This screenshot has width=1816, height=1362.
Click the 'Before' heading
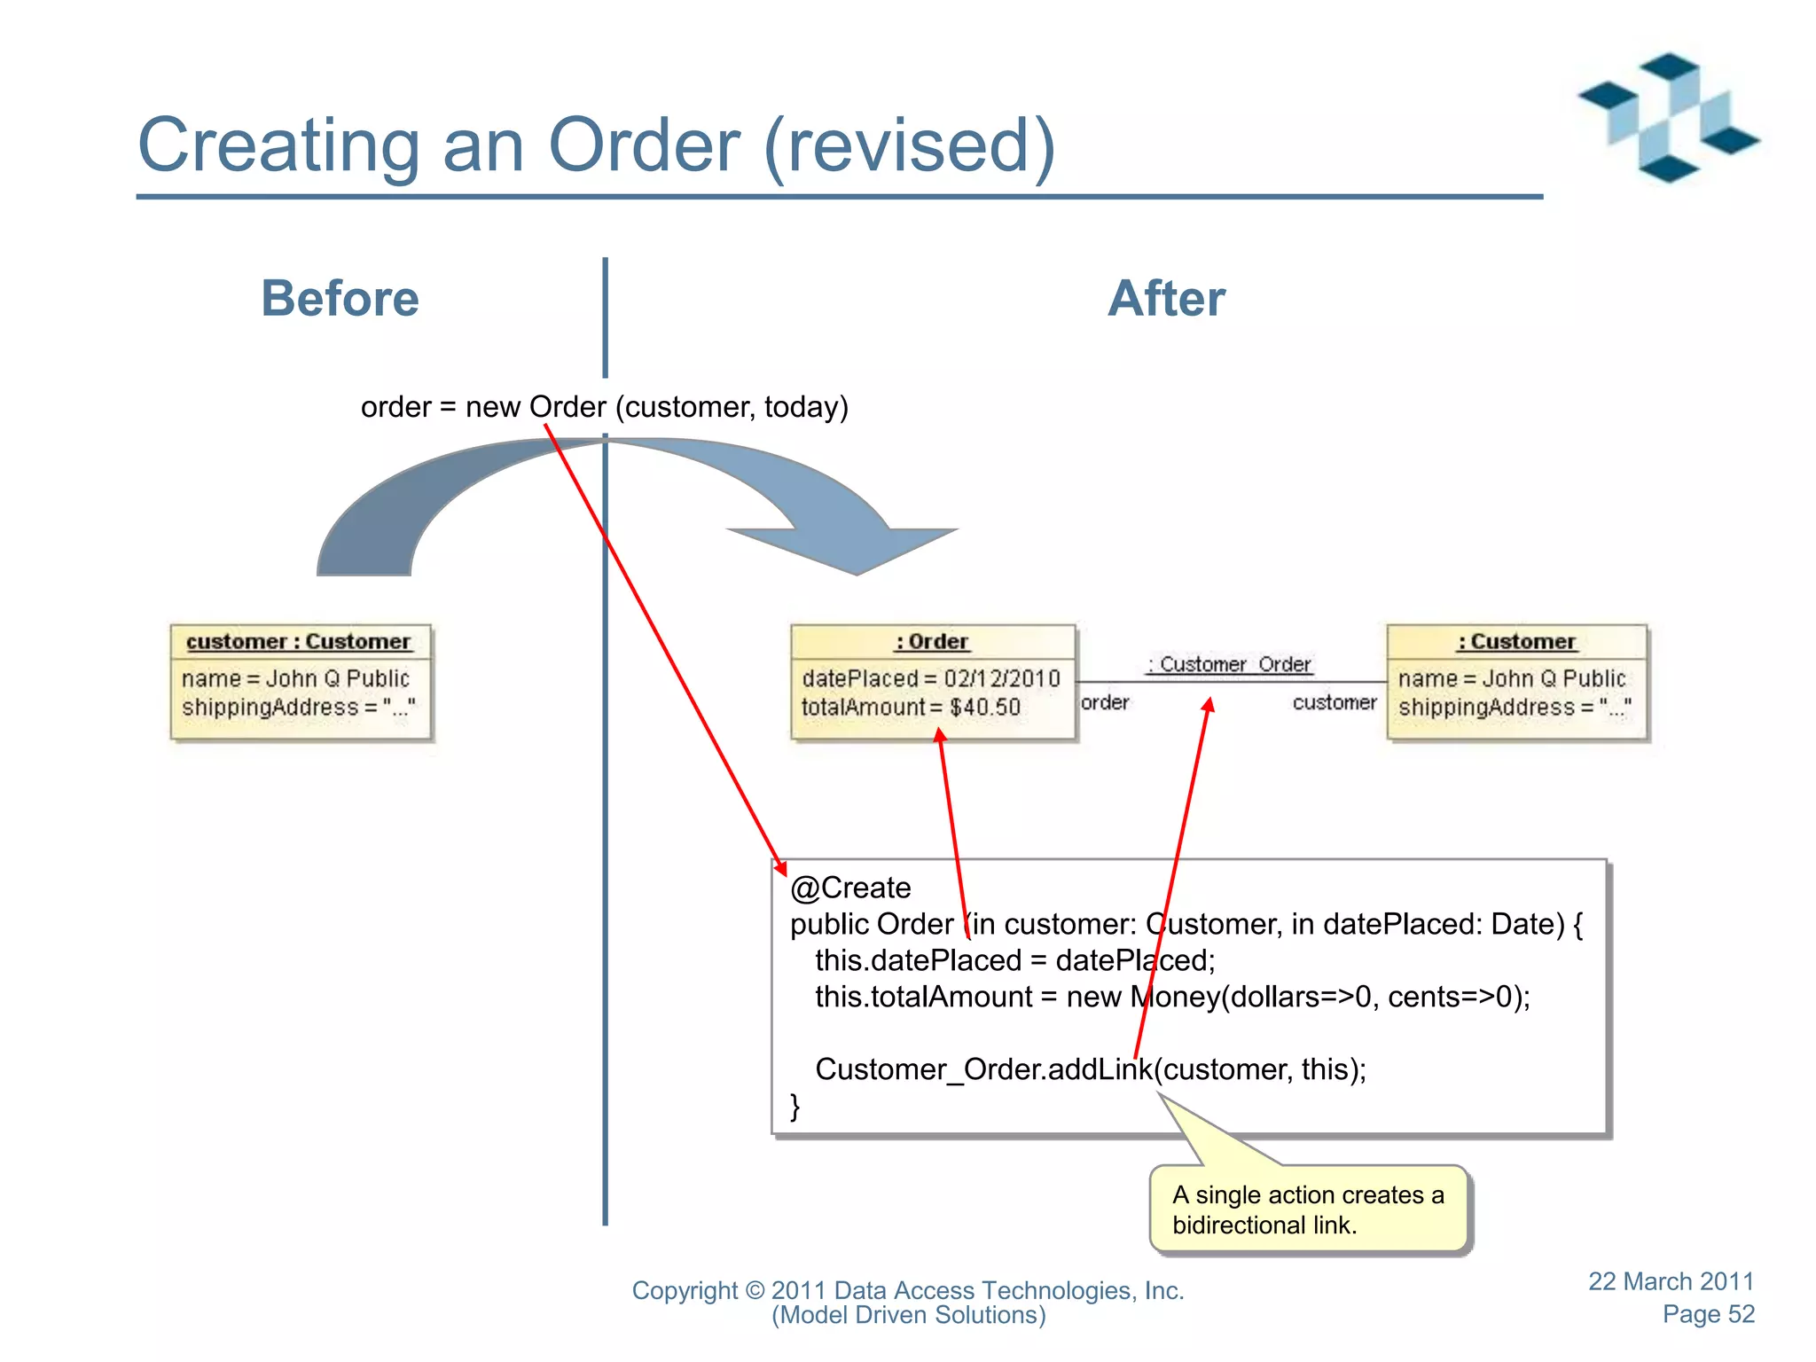[x=340, y=298]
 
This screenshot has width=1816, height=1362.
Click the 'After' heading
[x=1166, y=298]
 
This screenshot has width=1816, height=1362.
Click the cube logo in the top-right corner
[x=1668, y=117]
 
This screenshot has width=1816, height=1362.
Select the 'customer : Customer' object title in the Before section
[x=299, y=641]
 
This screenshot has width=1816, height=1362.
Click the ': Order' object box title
[x=932, y=641]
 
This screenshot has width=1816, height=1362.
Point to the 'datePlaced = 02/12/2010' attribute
[x=930, y=678]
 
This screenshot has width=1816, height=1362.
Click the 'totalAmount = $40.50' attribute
[x=911, y=707]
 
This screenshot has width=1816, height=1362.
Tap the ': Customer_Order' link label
[x=1229, y=664]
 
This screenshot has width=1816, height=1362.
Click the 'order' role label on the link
[x=1105, y=702]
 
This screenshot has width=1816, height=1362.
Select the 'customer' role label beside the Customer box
[x=1334, y=702]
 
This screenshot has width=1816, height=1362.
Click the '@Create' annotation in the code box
[x=850, y=888]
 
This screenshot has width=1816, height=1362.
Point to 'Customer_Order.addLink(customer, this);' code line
[x=1090, y=1069]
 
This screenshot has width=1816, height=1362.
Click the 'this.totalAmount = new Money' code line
[x=1171, y=997]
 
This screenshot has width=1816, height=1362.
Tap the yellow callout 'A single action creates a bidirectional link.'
[x=1308, y=1209]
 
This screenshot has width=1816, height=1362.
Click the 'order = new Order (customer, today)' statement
[x=604, y=407]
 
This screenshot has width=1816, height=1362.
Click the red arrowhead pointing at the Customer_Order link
[x=1208, y=705]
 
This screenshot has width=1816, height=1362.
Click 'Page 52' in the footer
[x=1708, y=1314]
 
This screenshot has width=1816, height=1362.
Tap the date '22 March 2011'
[x=1671, y=1281]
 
